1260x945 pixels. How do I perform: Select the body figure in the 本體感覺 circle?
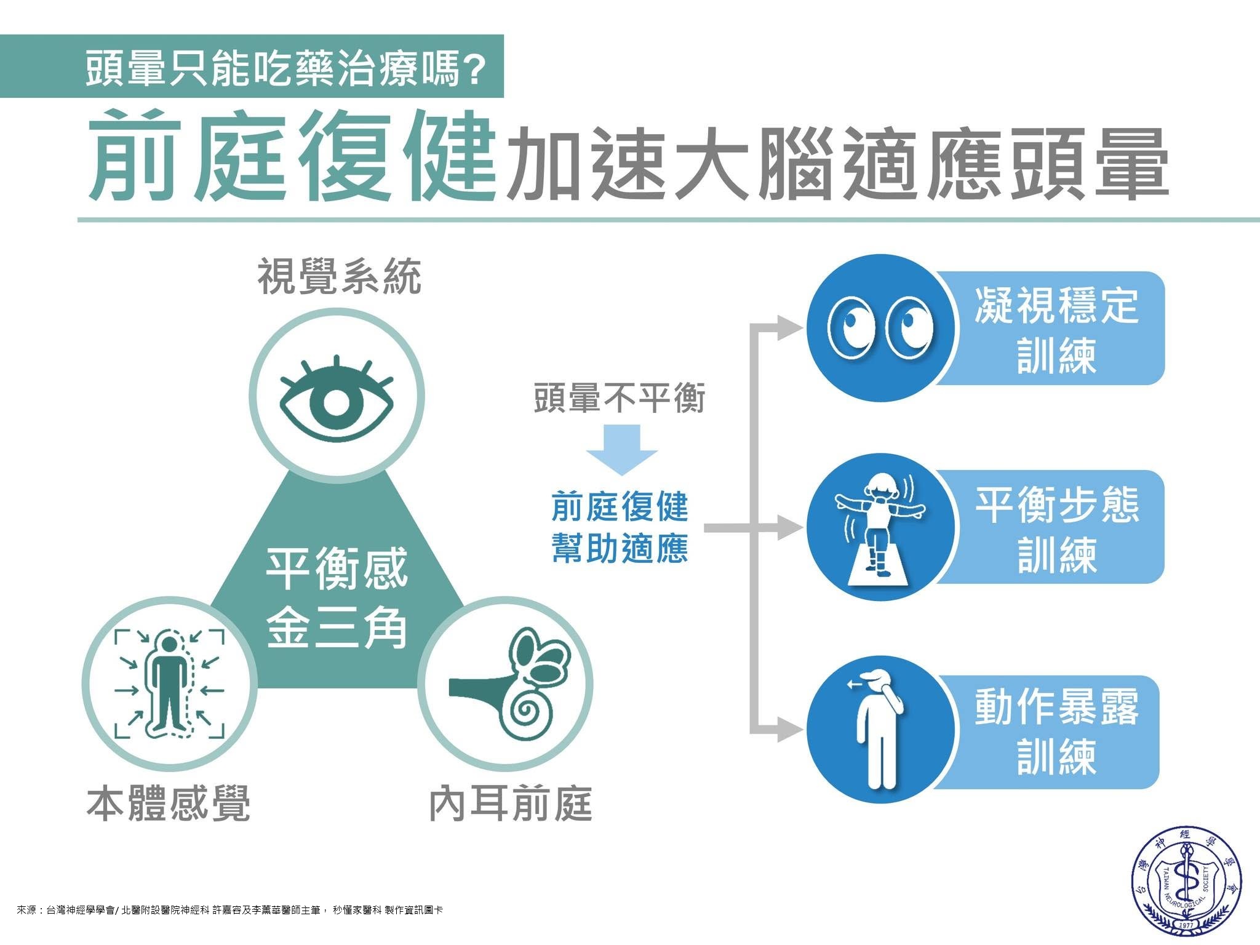coord(169,684)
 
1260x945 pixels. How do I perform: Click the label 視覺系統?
coord(339,277)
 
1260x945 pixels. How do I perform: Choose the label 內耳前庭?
coord(511,803)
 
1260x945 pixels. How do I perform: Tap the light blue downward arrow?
coord(622,450)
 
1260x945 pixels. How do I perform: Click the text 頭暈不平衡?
coord(620,397)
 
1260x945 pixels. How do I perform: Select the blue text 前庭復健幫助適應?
coord(620,527)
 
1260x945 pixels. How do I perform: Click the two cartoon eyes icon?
coord(880,328)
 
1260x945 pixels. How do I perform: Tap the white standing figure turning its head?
coord(875,730)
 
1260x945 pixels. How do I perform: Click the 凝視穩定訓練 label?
coord(1057,330)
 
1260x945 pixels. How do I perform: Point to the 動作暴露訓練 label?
coord(1057,731)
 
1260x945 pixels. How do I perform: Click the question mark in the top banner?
coord(472,68)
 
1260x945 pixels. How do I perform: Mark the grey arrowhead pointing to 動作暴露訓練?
coord(791,730)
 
